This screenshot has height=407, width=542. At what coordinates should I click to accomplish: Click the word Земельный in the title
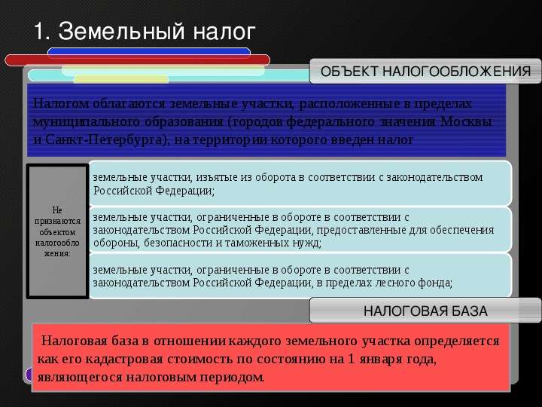tap(122, 31)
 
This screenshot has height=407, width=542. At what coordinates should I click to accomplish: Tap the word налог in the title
tap(224, 32)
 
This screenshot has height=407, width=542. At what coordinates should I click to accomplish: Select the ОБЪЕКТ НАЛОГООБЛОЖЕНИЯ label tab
tap(425, 72)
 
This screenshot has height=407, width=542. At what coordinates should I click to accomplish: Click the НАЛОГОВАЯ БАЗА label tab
tap(425, 311)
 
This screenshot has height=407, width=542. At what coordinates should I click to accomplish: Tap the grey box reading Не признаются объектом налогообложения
tap(57, 231)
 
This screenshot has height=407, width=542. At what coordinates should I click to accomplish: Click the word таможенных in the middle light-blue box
tap(257, 243)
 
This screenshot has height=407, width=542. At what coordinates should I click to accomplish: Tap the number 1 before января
tap(351, 359)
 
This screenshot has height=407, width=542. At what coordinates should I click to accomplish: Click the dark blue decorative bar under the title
tap(149, 51)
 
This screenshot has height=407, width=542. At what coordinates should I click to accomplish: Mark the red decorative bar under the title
tap(137, 60)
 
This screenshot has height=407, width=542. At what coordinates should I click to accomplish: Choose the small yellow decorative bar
tap(121, 79)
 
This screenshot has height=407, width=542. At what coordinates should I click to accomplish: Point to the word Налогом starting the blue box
tap(61, 104)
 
